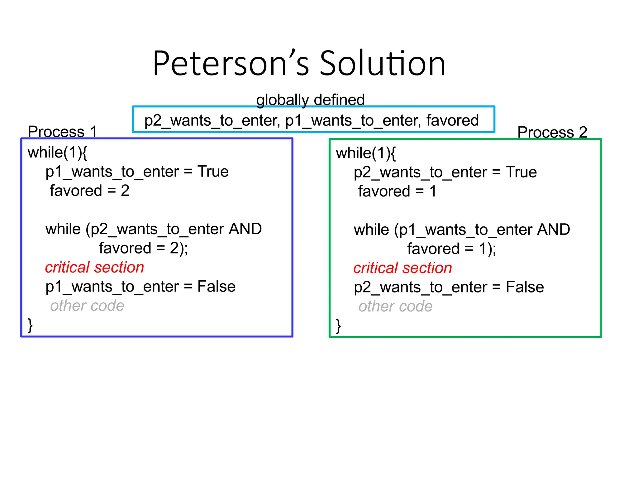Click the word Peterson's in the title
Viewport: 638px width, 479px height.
[x=231, y=64]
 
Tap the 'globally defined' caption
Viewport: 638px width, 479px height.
[x=310, y=100]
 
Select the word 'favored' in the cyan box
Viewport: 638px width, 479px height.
[x=452, y=120]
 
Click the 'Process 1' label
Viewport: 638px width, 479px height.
[x=62, y=132]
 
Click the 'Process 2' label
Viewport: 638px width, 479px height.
[x=552, y=132]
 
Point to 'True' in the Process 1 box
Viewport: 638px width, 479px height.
[x=213, y=172]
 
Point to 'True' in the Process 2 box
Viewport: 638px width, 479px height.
[x=521, y=172]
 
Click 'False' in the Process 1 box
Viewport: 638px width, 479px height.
[x=217, y=287]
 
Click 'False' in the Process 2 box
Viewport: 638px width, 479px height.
[x=525, y=287]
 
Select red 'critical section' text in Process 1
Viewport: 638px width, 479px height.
[x=94, y=268]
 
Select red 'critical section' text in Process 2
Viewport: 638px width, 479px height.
[x=402, y=268]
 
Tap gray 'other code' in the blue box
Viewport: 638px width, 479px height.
[x=87, y=306]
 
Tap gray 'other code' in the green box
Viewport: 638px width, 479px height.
[x=395, y=307]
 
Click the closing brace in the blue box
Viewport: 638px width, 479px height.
[x=30, y=325]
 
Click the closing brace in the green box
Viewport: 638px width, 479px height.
[x=338, y=326]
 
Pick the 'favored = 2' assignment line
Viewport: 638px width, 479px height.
[x=89, y=191]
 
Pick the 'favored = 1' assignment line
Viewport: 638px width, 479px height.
[x=397, y=191]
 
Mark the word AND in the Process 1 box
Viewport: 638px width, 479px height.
[x=245, y=229]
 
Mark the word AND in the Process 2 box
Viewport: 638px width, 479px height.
[x=554, y=230]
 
